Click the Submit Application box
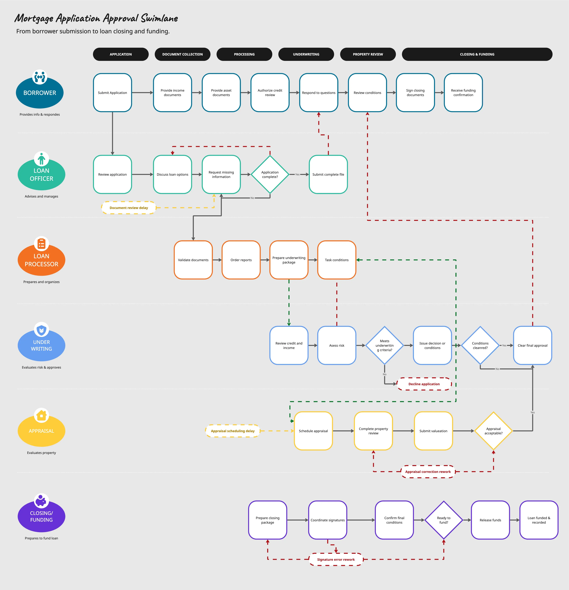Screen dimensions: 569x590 tap(113, 93)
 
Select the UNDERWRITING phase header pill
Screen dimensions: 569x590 tap(306, 54)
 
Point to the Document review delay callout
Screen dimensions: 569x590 tap(129, 208)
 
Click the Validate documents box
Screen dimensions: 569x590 tap(193, 260)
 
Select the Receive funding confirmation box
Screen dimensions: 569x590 tap(463, 93)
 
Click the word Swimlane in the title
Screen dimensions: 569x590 tap(160, 18)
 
